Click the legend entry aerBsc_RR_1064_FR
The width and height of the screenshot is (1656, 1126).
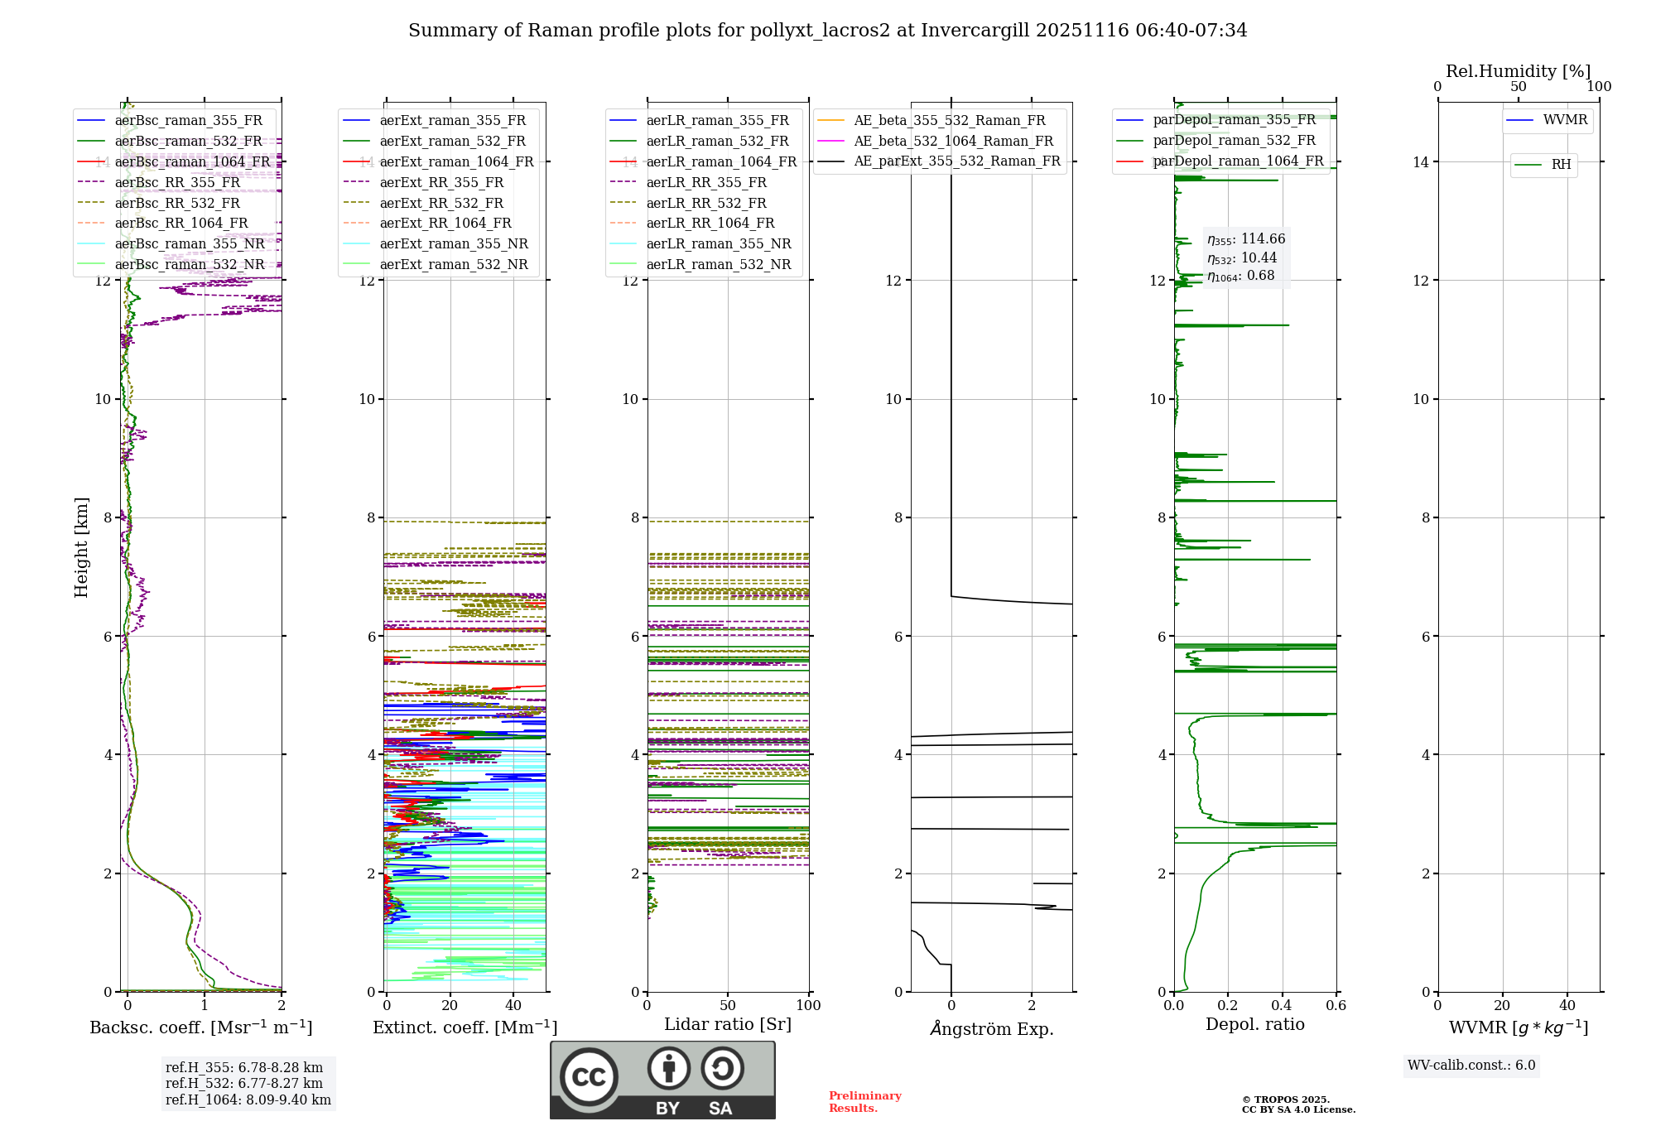(x=181, y=224)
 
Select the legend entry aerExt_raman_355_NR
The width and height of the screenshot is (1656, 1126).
(x=454, y=244)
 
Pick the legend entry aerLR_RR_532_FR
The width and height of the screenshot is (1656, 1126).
(x=706, y=203)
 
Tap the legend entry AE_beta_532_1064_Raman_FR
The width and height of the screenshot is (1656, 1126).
(x=953, y=141)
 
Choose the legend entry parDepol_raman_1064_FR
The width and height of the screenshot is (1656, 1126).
(x=1238, y=161)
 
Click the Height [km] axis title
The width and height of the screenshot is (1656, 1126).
(x=81, y=547)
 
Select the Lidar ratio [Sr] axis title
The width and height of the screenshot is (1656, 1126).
(x=728, y=1024)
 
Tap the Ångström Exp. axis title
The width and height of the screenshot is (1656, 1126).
(x=992, y=1028)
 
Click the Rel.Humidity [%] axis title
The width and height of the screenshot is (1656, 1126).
(x=1518, y=71)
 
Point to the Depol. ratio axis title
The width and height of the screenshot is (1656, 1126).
(x=1254, y=1024)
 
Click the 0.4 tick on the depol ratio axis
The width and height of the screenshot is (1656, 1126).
(x=1282, y=1005)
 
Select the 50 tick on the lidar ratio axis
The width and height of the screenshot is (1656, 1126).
(x=728, y=1005)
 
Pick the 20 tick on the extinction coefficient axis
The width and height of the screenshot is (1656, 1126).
(x=450, y=1005)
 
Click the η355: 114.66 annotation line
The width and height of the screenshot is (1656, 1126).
(x=1246, y=239)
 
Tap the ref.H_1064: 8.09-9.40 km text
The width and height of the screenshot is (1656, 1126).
(x=248, y=1100)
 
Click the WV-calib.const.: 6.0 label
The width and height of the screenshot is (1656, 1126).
(x=1471, y=1066)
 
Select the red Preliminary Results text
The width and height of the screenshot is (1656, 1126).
(x=864, y=1101)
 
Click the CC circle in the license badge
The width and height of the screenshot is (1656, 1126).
(x=589, y=1077)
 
